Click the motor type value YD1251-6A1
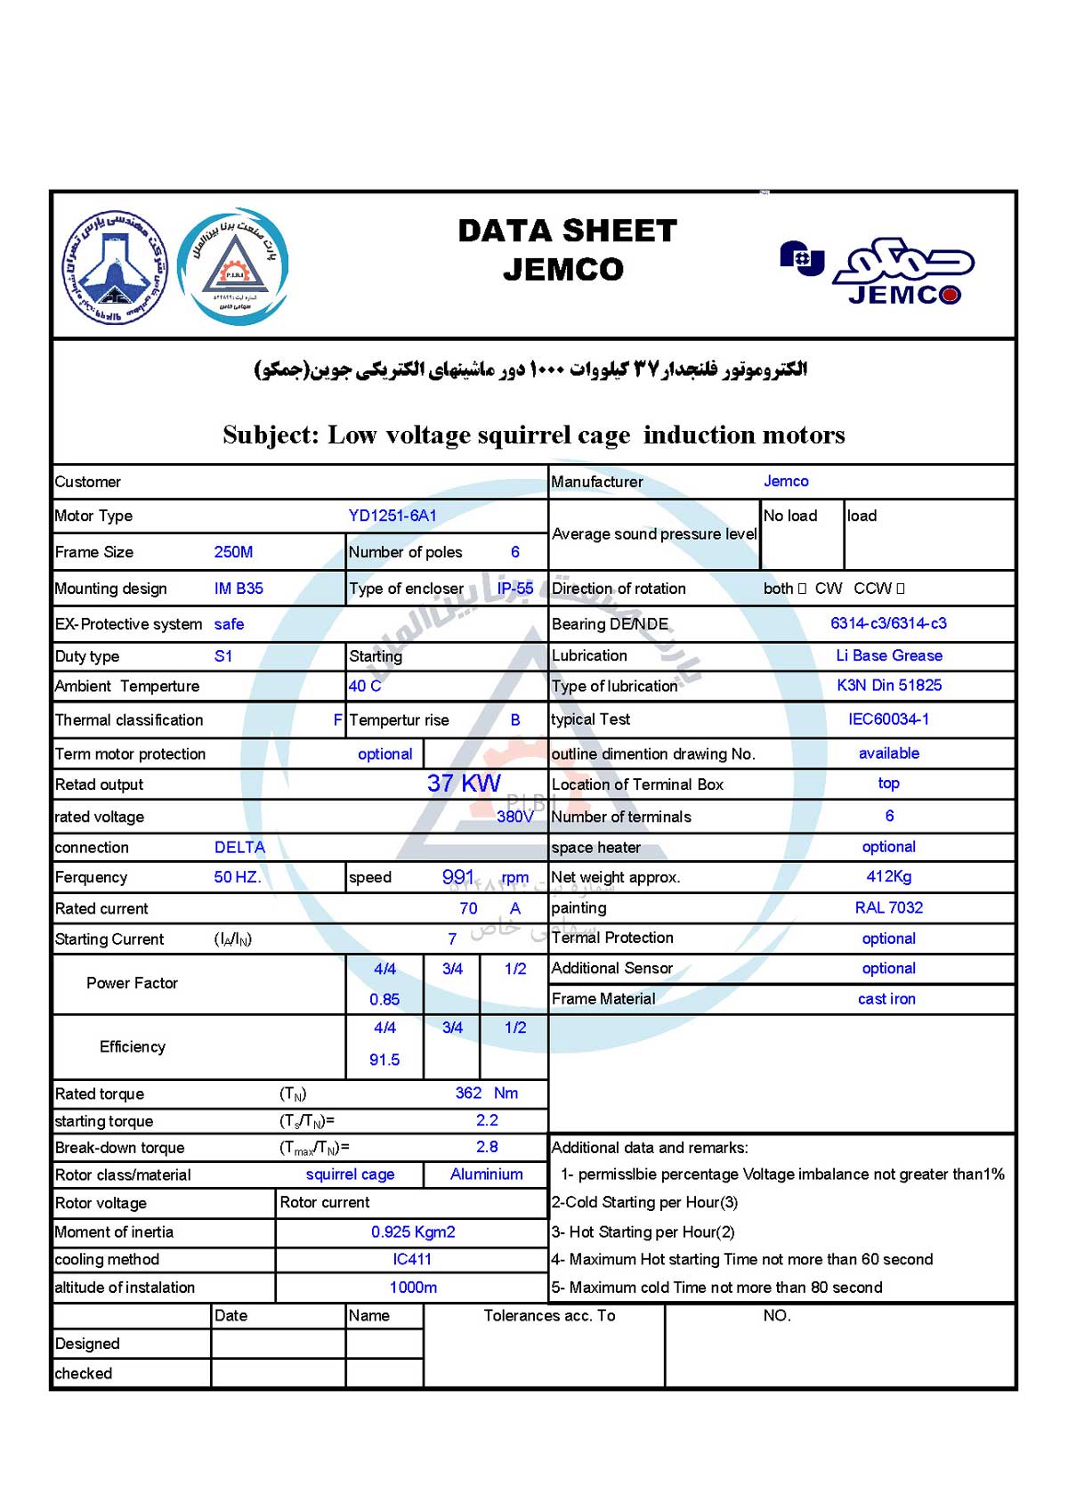pyautogui.click(x=392, y=516)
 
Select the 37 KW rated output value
pyautogui.click(x=464, y=784)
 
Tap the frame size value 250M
pyautogui.click(x=233, y=552)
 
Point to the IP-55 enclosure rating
pyautogui.click(x=515, y=589)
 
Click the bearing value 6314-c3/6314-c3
pyautogui.click(x=888, y=623)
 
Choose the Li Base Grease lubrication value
pyautogui.click(x=888, y=655)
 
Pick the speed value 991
pyautogui.click(x=458, y=877)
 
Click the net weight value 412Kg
pyautogui.click(x=888, y=876)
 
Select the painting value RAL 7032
pyautogui.click(x=888, y=907)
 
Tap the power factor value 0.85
pyautogui.click(x=384, y=999)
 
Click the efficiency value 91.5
pyautogui.click(x=384, y=1060)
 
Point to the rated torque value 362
pyautogui.click(x=468, y=1093)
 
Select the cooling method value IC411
pyautogui.click(x=412, y=1259)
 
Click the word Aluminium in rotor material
pyautogui.click(x=486, y=1175)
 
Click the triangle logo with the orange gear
pyautogui.click(x=233, y=266)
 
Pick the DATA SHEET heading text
pyautogui.click(x=567, y=232)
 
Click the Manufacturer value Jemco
pyautogui.click(x=786, y=482)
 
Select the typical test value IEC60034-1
pyautogui.click(x=888, y=719)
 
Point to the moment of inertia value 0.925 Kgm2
pyautogui.click(x=413, y=1232)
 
